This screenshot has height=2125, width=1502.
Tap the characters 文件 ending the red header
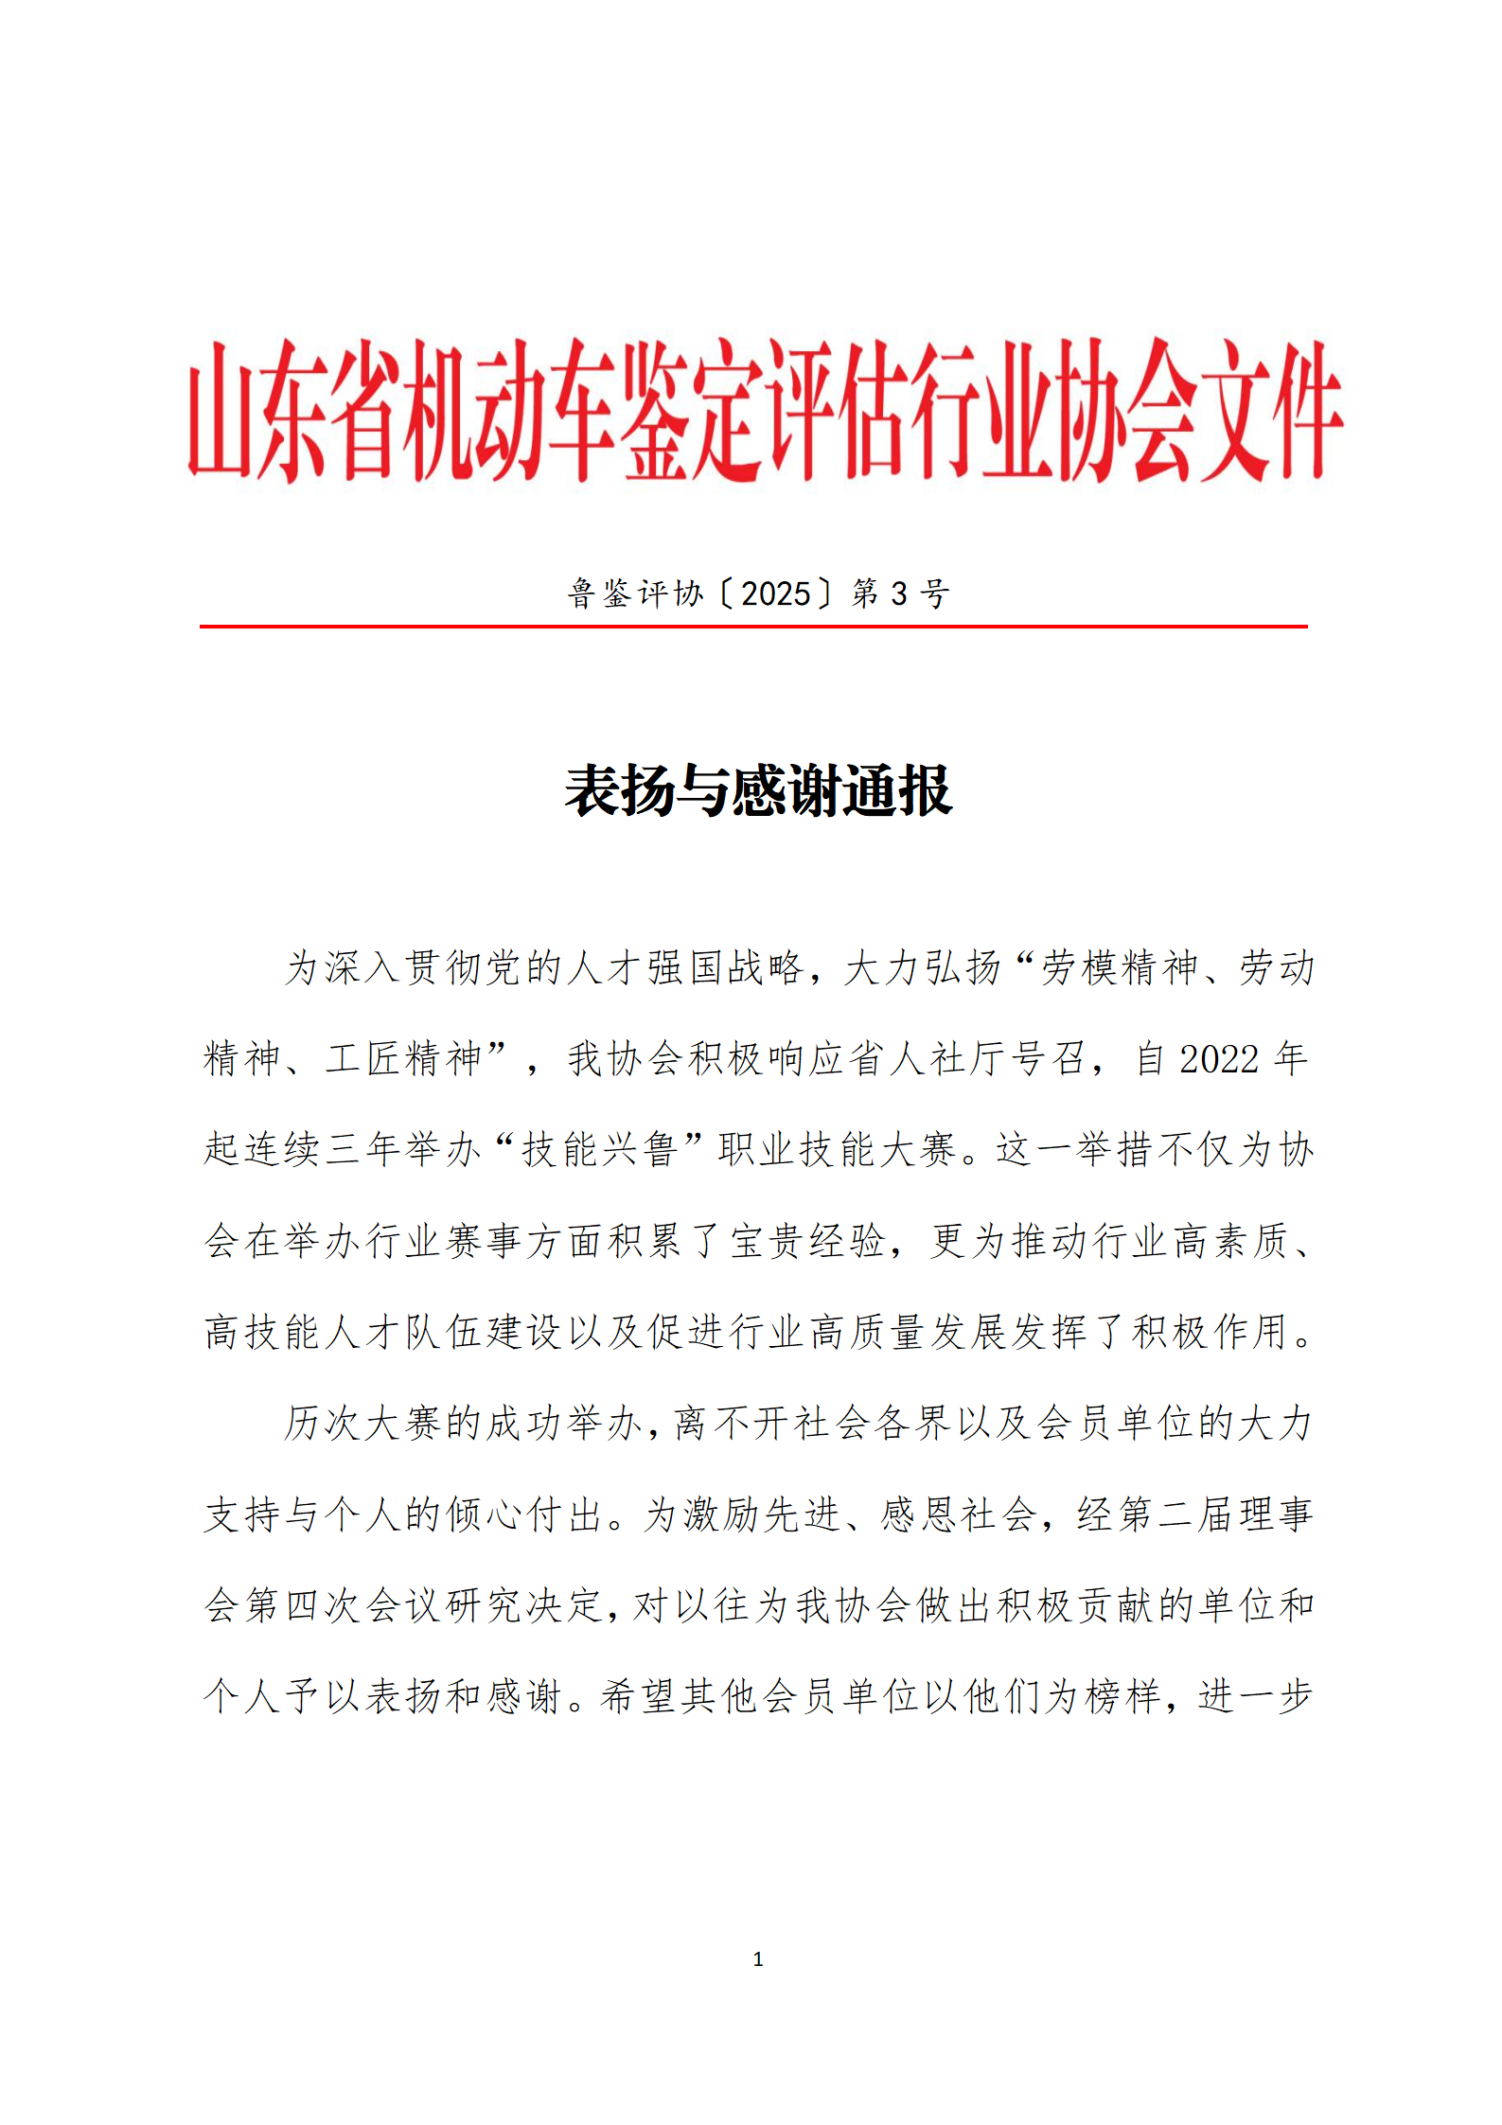point(1274,410)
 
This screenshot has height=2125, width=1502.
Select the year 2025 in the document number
point(775,593)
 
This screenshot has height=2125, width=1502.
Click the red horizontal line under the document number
point(752,626)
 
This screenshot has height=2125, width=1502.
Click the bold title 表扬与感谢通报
point(757,790)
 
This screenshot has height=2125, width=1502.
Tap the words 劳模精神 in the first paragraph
point(1119,967)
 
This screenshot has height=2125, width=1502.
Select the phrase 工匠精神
point(404,1058)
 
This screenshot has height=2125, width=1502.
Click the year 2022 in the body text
point(1218,1058)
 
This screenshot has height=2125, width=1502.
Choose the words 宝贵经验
point(807,1240)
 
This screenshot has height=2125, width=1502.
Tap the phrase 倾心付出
point(523,1514)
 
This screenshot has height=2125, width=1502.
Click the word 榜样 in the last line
point(1122,1695)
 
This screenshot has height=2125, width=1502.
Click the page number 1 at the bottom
point(757,1958)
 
